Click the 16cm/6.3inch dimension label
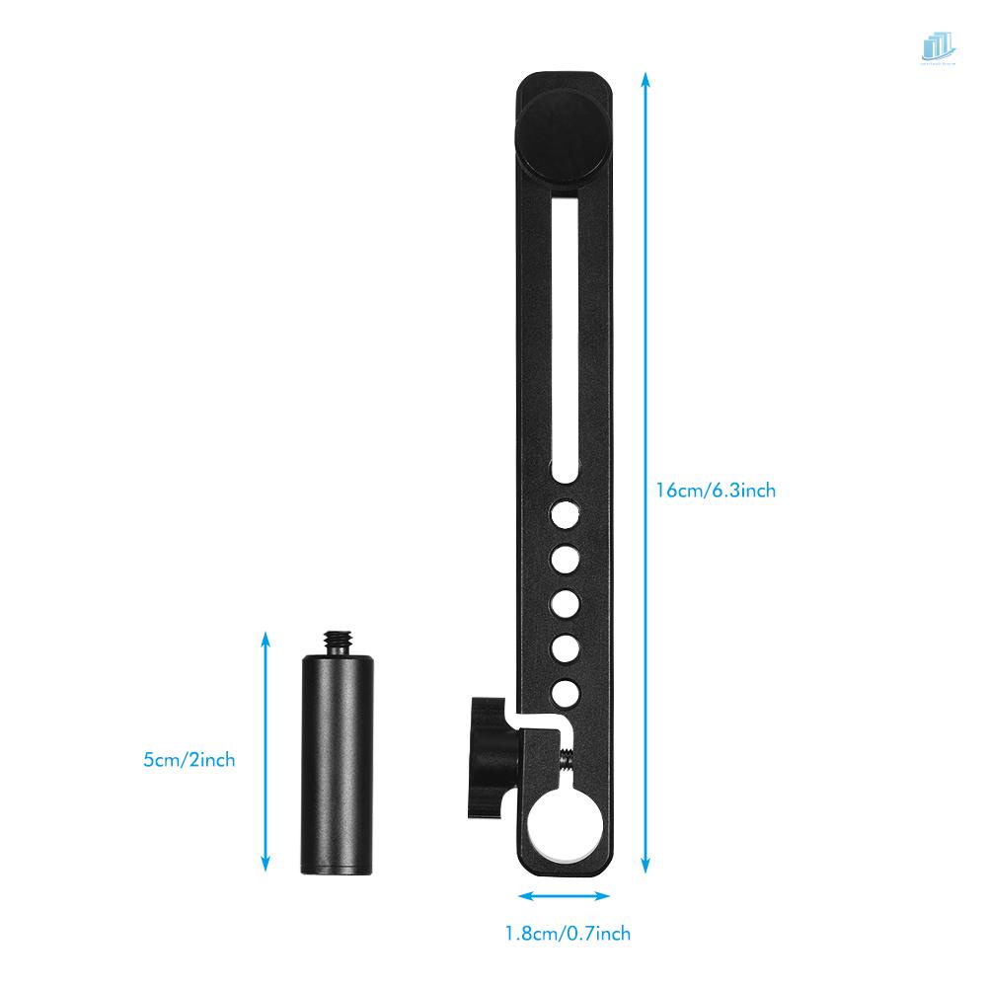716,490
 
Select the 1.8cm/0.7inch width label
567,933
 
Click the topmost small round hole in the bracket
565,514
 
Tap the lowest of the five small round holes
565,692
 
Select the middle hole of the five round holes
565,602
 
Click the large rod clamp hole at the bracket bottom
564,823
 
